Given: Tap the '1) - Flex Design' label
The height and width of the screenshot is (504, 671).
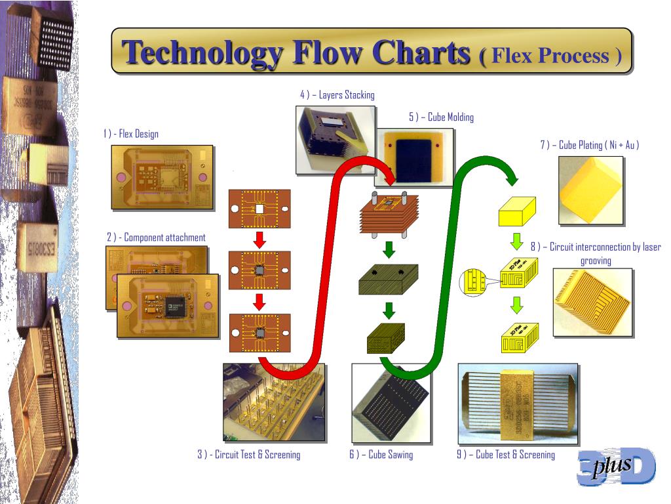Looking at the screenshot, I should [130, 134].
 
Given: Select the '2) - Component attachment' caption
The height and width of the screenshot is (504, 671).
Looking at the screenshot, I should [156, 238].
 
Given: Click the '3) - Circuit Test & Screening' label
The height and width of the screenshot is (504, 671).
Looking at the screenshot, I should [249, 454].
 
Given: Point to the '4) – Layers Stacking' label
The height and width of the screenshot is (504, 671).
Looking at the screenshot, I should [337, 95].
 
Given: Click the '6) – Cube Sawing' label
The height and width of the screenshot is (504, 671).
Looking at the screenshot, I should [381, 454].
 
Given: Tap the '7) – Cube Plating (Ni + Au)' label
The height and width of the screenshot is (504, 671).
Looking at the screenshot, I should [589, 145].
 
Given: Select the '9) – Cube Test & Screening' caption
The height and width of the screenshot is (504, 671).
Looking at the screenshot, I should [505, 454].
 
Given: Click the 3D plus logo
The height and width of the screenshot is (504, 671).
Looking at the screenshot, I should [615, 467].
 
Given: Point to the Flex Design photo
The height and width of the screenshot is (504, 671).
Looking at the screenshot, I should [162, 177].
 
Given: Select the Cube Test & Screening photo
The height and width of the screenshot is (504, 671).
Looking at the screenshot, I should [518, 403].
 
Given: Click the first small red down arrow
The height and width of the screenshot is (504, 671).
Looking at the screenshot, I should [259, 240].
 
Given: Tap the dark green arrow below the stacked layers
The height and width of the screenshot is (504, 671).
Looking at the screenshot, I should [389, 249].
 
